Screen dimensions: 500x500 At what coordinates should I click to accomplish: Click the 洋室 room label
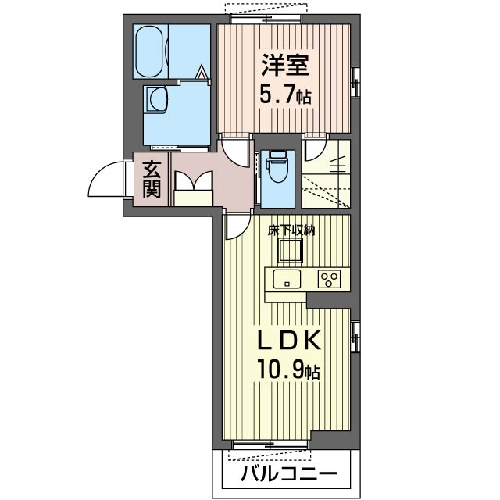(x=285, y=65)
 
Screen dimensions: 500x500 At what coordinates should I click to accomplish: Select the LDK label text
(x=289, y=341)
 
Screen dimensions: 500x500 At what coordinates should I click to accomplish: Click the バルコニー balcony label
(x=288, y=473)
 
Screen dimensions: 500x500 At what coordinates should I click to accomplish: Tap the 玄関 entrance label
(x=152, y=180)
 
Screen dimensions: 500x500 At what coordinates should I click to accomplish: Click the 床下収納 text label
(x=291, y=230)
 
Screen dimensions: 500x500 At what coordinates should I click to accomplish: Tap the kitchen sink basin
(x=287, y=278)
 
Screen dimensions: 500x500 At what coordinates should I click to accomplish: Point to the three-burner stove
(x=329, y=278)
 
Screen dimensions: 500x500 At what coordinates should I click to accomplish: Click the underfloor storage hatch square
(x=290, y=250)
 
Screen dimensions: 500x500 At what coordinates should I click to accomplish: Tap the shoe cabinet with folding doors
(x=194, y=188)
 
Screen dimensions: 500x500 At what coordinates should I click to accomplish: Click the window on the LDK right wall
(x=355, y=337)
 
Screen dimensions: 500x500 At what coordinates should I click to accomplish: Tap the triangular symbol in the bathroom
(x=202, y=73)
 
